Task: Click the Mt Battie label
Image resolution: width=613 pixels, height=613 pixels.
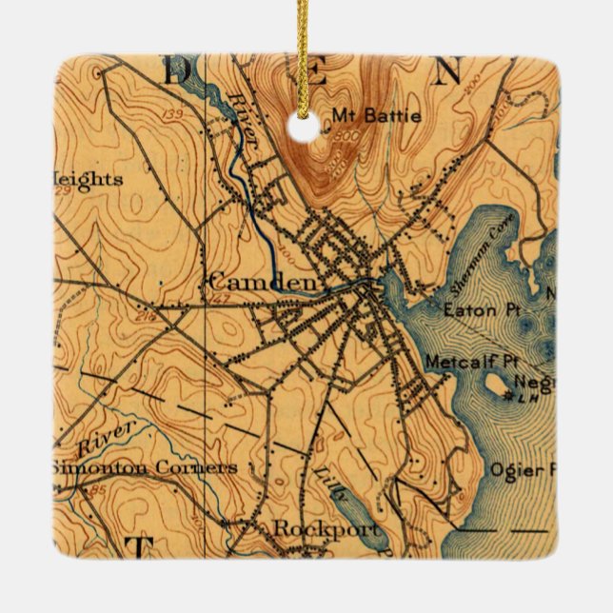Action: click(x=365, y=118)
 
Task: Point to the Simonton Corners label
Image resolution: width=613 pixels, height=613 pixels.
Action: click(x=143, y=468)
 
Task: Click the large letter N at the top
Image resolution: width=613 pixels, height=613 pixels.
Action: click(x=448, y=71)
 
